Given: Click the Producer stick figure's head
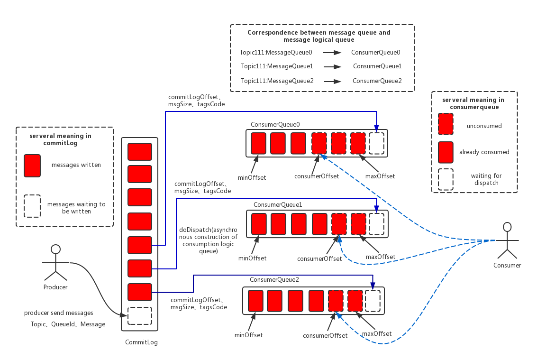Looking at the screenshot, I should point(55,249).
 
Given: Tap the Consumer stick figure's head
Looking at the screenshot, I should point(507,227).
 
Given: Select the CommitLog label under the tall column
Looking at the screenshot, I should point(141,342).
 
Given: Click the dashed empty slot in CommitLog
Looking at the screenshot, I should point(140,316).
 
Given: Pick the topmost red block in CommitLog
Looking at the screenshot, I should point(140,152).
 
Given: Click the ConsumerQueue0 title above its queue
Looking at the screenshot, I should point(275,124).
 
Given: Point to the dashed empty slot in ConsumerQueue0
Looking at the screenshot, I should point(376,143).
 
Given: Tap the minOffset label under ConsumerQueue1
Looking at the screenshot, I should point(253,258).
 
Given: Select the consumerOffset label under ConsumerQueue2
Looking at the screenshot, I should point(325,335).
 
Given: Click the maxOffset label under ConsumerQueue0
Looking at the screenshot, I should point(380,176).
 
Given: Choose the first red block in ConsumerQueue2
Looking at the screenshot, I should point(255,300).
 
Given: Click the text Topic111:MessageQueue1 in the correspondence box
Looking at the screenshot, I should point(277,66).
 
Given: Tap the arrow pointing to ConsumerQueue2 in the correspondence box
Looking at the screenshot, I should point(333,81).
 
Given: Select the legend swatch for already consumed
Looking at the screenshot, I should point(446,152).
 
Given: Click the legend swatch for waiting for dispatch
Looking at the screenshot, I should point(446,179).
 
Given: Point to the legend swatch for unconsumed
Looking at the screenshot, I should point(446,124).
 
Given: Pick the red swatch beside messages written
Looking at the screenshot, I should point(32,166).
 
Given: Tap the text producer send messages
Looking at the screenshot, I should point(59,313).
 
